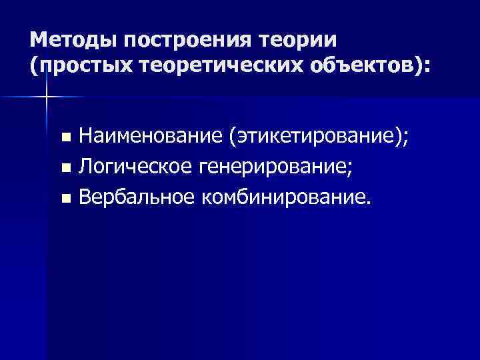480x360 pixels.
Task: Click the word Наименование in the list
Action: (x=150, y=137)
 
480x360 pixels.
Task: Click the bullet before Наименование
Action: (x=65, y=138)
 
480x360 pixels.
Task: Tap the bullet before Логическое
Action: (x=65, y=168)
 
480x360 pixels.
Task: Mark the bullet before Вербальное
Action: (x=65, y=198)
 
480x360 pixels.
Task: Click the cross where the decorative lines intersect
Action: (x=47, y=97)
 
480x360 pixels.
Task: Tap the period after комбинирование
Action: (x=365, y=202)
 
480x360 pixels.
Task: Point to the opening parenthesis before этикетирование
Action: (x=232, y=137)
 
